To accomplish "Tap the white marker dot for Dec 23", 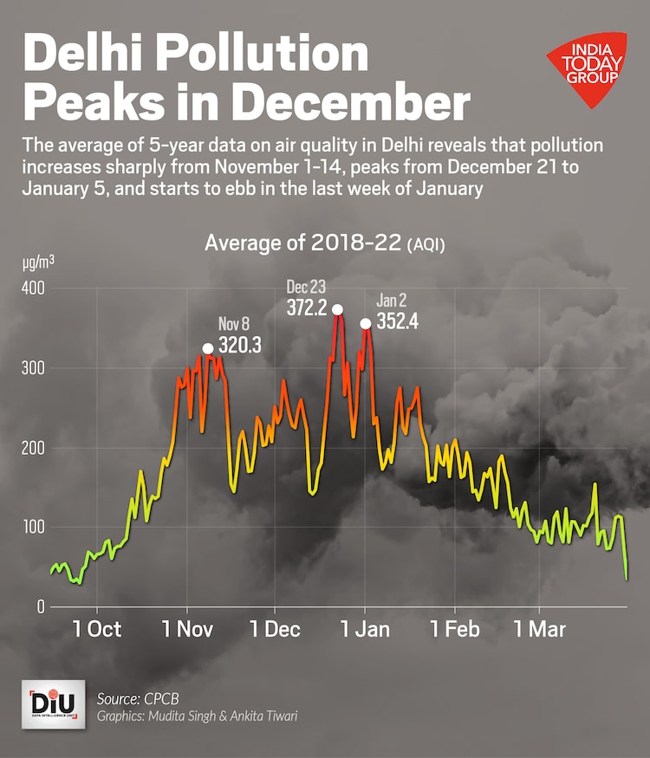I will tap(337, 309).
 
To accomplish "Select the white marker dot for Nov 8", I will tap(208, 348).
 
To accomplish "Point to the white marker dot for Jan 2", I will tap(366, 323).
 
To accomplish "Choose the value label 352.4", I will tap(399, 321).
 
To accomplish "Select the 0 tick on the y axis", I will tap(39, 607).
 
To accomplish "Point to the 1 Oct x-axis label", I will tap(97, 629).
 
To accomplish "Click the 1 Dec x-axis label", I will tap(276, 629).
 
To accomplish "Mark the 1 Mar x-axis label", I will tap(540, 629).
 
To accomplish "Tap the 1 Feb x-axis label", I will tap(454, 629).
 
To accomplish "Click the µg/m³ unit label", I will tap(38, 261).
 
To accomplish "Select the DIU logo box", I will tap(53, 703).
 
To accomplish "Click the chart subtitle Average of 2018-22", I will tap(303, 243).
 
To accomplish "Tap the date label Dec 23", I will tap(308, 287).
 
